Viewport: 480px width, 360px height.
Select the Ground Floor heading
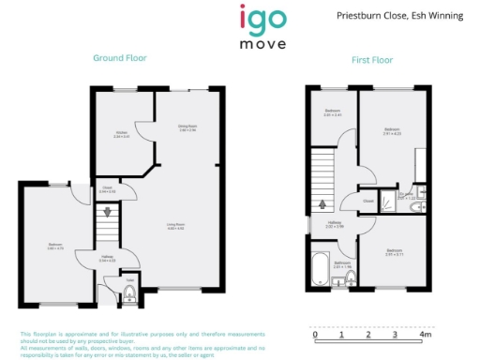click(x=119, y=58)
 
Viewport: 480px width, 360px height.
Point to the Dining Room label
click(x=187, y=127)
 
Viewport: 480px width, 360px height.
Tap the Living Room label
click(x=175, y=226)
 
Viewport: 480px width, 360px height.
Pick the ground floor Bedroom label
click(x=54, y=247)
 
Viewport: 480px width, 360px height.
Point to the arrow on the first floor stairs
click(x=323, y=203)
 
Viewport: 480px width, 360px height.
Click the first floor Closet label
click(x=368, y=201)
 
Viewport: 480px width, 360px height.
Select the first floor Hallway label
click(x=335, y=224)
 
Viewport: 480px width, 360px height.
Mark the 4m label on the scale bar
click(x=425, y=334)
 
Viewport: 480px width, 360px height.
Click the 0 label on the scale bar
click(x=315, y=334)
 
